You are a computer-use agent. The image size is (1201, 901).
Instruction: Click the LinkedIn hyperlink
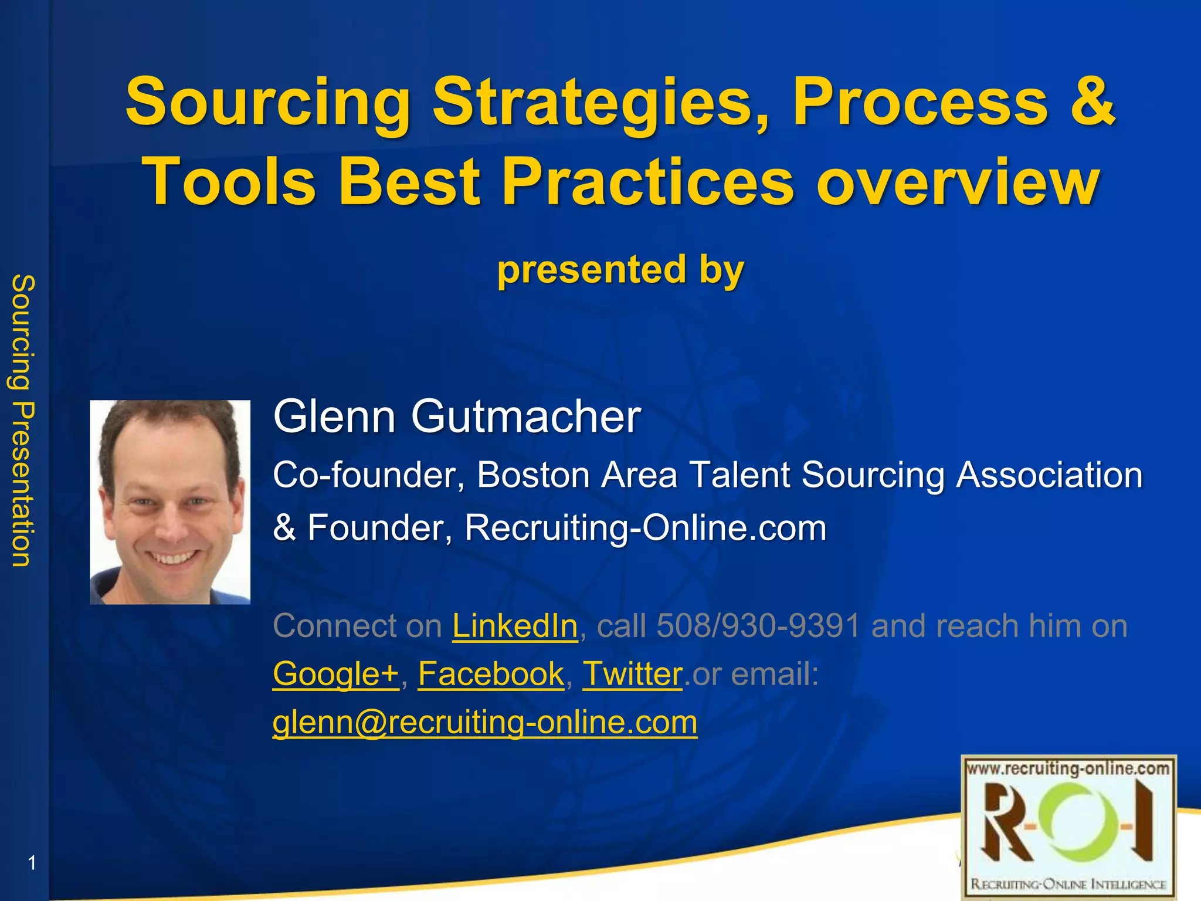click(515, 626)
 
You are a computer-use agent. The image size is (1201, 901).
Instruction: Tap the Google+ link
click(335, 674)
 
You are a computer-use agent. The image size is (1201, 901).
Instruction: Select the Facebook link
click(491, 674)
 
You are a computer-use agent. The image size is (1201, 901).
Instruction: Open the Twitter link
click(632, 674)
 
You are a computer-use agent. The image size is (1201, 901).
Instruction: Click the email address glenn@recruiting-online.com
click(485, 722)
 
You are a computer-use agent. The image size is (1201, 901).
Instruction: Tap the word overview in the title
click(958, 181)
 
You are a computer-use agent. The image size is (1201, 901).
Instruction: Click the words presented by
click(620, 270)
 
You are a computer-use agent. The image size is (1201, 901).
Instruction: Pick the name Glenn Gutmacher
click(457, 416)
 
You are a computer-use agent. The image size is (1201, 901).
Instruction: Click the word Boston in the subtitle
click(532, 475)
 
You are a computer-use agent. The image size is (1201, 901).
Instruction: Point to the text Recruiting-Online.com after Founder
click(645, 527)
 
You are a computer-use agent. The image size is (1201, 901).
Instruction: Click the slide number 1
click(32, 863)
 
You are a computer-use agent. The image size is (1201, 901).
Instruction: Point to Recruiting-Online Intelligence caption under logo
click(1068, 884)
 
